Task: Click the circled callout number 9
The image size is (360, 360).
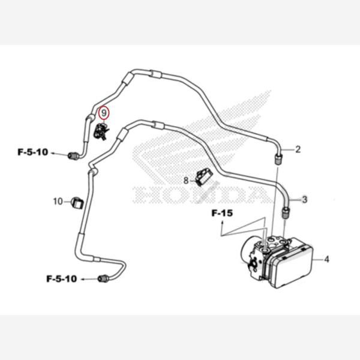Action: tap(104, 113)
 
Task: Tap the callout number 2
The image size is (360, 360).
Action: tap(298, 149)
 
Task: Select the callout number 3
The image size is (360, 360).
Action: tap(305, 200)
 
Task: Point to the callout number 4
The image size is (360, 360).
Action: tap(326, 259)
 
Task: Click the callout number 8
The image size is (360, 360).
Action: tap(186, 181)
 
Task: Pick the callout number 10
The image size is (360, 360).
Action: tap(58, 202)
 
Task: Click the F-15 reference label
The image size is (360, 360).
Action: tap(222, 213)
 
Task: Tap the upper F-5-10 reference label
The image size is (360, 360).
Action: tap(33, 152)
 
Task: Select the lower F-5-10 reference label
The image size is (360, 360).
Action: tap(62, 279)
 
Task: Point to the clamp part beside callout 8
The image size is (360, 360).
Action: tap(203, 177)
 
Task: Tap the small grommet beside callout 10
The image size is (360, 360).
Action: tap(77, 203)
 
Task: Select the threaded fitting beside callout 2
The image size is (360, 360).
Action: tap(278, 160)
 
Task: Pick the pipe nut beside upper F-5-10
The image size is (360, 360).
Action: tap(73, 156)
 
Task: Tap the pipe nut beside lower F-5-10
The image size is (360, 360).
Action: tap(103, 279)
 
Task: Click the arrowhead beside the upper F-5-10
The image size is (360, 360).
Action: tap(53, 153)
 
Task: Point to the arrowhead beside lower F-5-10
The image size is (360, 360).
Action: tap(82, 280)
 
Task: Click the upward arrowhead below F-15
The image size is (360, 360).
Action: tap(222, 222)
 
